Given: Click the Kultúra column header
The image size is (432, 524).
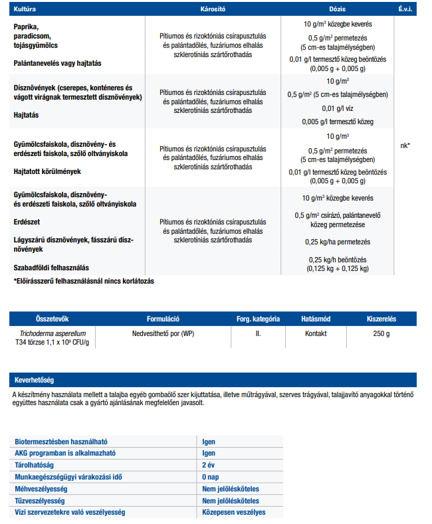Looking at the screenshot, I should point(26,11).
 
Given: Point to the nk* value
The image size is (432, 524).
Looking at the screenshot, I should point(405,145).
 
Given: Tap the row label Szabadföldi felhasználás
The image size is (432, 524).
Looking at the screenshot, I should point(51,267).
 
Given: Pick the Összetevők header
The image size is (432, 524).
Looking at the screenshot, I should point(52,319).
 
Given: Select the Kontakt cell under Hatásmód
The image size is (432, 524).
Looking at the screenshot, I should point(316,333).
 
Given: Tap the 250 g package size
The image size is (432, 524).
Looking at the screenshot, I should point(381,333).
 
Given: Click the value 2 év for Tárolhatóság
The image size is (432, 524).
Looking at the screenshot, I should point(210,465).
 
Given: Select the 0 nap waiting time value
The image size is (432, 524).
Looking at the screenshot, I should point(212,477).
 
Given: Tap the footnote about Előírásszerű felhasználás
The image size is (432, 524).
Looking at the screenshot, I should point(84,282).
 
